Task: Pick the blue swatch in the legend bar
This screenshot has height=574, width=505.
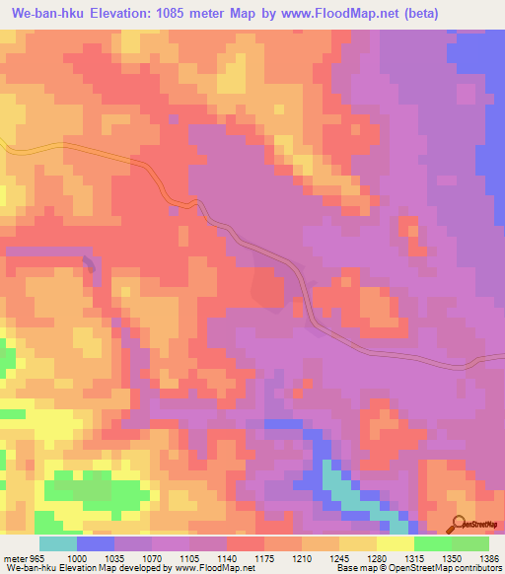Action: pos(96,543)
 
